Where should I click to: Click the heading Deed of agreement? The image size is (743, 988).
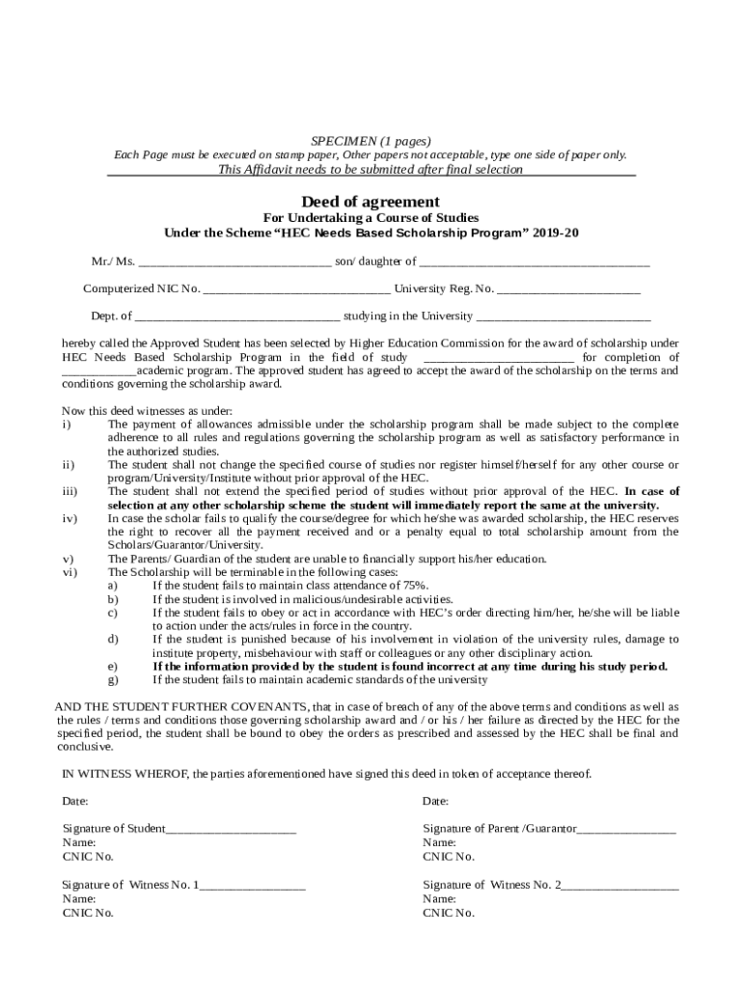371,202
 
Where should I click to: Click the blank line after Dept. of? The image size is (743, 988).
237,316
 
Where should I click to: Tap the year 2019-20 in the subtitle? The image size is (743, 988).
557,233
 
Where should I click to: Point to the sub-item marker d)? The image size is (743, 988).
113,640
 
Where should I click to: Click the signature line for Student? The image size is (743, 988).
231,829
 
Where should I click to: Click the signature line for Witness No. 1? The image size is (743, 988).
252,885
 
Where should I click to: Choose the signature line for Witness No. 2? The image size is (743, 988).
619,885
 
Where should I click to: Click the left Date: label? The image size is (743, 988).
75,802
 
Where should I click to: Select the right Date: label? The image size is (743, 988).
435,802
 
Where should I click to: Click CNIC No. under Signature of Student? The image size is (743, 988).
88,856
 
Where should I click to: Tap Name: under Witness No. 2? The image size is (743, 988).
438,898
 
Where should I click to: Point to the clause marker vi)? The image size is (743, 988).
69,572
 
